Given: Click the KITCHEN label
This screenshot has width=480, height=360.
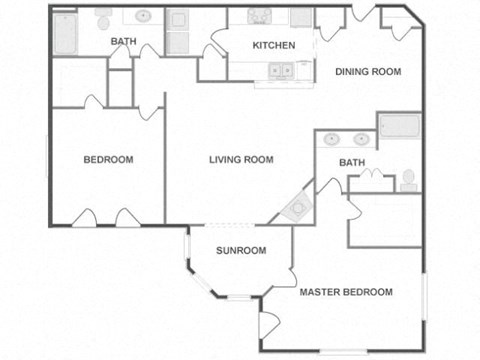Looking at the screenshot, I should (273, 45).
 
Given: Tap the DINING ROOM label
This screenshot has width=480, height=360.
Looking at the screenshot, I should (367, 71).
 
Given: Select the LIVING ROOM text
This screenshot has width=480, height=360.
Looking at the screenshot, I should (241, 159).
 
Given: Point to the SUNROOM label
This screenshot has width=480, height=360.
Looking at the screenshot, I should (242, 250).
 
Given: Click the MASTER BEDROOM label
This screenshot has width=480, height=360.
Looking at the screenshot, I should (346, 292).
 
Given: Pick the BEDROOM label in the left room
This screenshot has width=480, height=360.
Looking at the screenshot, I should (107, 159).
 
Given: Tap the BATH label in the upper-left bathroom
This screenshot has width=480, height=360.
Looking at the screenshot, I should (124, 41).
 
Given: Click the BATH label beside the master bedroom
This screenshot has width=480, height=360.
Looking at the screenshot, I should (352, 162).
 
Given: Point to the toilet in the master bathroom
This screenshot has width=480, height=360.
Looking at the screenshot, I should (408, 180).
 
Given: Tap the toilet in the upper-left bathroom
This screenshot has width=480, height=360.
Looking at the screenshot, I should (103, 17).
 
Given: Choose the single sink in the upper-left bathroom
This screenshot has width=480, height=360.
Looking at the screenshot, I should (143, 16).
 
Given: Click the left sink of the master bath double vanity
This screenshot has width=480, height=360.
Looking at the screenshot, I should (333, 140).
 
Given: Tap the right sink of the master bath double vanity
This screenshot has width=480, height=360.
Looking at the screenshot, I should (358, 140).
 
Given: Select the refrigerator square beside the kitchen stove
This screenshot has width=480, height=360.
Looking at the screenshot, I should (299, 18).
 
